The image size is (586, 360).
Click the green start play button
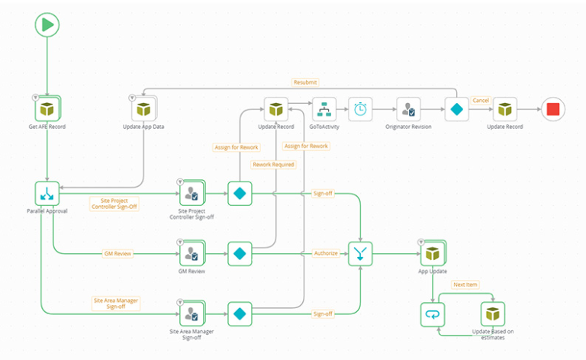click(47, 24)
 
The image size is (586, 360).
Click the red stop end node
click(553, 109)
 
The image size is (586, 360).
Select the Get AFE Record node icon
click(47, 109)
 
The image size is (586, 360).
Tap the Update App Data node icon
click(143, 109)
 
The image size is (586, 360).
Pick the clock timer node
click(361, 109)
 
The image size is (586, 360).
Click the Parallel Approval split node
click(47, 194)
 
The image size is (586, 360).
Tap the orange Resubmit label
click(305, 82)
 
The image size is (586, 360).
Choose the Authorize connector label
click(326, 253)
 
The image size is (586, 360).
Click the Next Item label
click(465, 284)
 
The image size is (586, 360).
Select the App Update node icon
click(433, 253)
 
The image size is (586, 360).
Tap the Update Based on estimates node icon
click(492, 313)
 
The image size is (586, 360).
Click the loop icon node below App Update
click(433, 313)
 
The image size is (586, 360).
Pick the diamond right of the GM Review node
click(240, 253)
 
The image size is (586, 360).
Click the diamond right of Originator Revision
click(456, 109)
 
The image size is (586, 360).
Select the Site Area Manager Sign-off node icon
click(192, 313)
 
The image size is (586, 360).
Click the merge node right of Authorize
click(360, 253)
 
